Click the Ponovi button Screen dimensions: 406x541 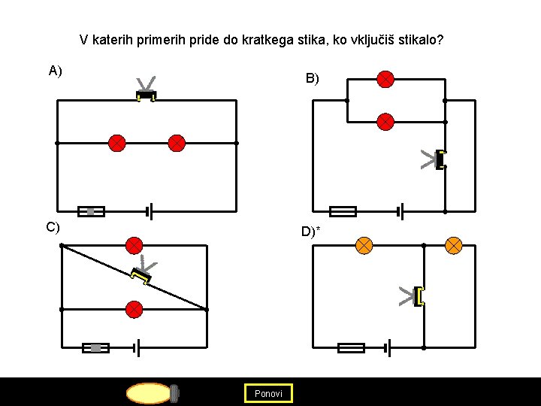coord(268,393)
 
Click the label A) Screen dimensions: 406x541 coord(55,71)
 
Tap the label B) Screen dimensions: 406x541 coord(311,78)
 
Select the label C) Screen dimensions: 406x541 coord(53,227)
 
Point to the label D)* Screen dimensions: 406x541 coord(310,232)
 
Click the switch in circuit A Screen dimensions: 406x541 coord(146,95)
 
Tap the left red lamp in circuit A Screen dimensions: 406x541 coord(116,143)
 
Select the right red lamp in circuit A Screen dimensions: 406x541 coord(177,143)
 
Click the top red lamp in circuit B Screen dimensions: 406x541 coord(385,79)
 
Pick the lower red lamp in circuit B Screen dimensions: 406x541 coord(385,121)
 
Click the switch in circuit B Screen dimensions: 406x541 coord(440,159)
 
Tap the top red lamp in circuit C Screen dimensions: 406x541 coord(134,245)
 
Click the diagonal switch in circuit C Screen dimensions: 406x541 coord(141,276)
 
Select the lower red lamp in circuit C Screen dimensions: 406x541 coord(134,309)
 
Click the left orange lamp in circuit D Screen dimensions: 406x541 coord(364,245)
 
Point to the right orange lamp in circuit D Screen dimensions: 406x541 coord(454,245)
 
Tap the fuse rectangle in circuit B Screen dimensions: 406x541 coord(343,211)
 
